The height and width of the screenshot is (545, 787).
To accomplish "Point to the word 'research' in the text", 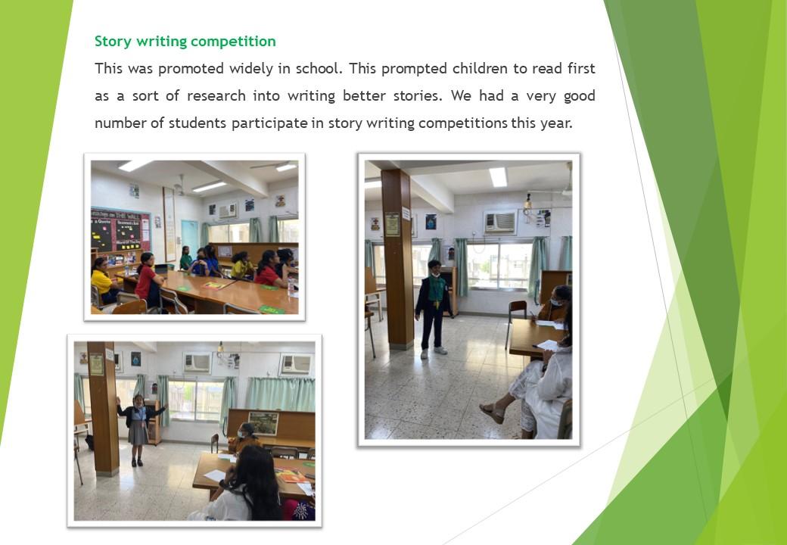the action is coord(216,96).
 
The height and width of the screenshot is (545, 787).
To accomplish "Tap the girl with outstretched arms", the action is coord(138,430).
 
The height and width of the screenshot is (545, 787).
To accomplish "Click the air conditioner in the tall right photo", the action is coord(500,223).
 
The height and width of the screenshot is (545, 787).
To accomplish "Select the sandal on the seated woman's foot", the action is coord(492,413).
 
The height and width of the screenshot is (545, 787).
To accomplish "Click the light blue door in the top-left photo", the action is coord(190,239).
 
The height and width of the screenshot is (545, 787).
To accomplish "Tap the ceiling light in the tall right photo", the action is coord(498,177).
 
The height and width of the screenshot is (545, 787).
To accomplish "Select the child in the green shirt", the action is coord(186,258).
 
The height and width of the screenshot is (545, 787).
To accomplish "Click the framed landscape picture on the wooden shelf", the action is coord(263,423).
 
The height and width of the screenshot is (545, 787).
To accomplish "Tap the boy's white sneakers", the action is coord(433,352).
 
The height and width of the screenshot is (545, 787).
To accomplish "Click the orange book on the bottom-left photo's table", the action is coord(291,476).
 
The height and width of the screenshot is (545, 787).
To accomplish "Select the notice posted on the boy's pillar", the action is coord(392,224).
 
